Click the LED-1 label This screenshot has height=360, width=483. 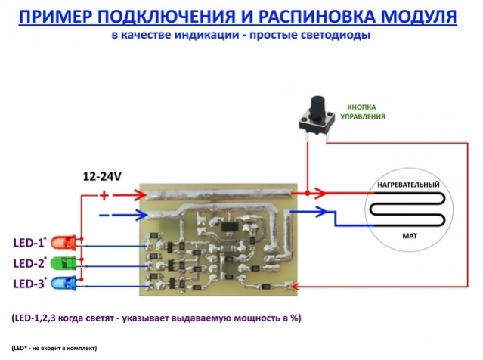point(29,243)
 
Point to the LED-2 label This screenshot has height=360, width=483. point(29,263)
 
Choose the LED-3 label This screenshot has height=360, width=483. point(29,284)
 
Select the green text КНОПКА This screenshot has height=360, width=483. point(365,107)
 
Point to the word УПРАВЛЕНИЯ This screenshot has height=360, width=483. point(366,117)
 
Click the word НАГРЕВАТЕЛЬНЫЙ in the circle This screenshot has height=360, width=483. point(408,185)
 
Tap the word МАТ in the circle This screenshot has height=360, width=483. point(408,236)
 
